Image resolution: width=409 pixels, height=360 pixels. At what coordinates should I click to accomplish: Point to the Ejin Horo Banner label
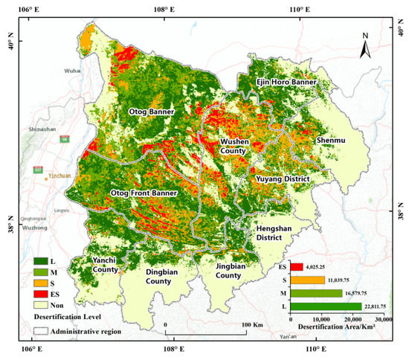click(286, 82)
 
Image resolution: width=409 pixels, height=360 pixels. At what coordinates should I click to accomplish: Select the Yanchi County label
click(108, 265)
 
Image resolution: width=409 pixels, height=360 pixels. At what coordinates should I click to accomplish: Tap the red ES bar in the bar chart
click(297, 266)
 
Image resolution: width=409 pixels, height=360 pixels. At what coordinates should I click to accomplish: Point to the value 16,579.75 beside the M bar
click(362, 293)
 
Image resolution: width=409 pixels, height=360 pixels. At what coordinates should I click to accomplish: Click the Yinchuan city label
click(59, 176)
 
